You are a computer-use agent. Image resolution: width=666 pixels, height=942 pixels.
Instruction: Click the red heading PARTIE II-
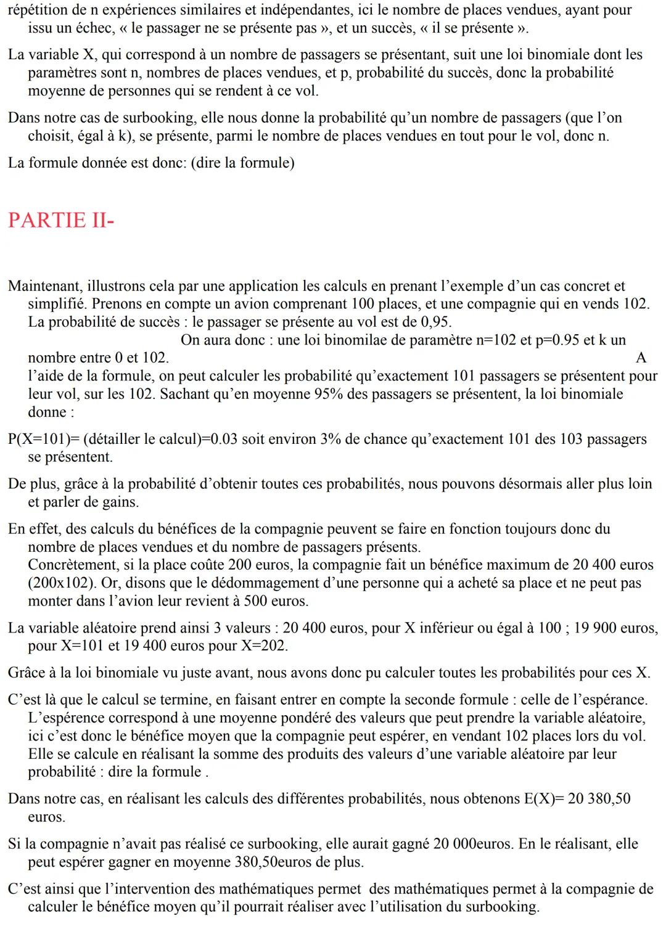point(61,220)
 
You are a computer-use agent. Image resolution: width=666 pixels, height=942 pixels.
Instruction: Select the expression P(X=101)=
point(44,439)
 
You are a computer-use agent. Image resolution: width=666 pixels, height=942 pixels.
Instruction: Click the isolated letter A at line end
point(641,358)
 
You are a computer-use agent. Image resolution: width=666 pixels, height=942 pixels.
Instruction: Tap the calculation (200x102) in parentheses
point(62,583)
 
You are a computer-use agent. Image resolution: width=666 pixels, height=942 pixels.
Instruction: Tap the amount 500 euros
point(276,600)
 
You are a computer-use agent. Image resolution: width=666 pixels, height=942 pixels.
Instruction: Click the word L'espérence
point(65,718)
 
